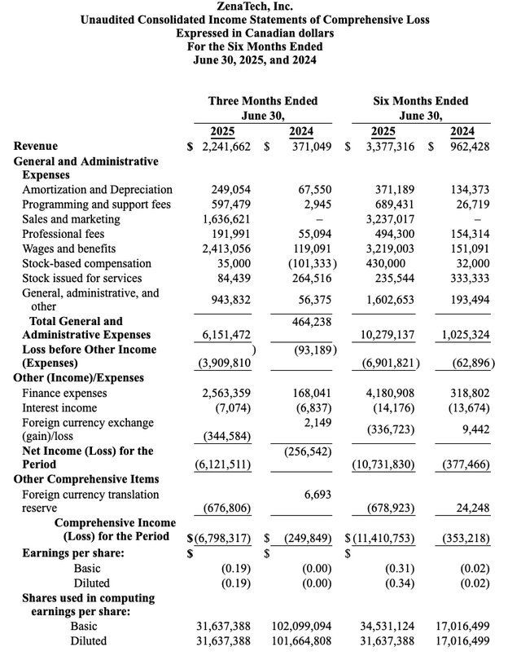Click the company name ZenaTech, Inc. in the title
click(260, 7)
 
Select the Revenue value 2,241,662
click(222, 146)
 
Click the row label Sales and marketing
click(71, 219)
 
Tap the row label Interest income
click(59, 408)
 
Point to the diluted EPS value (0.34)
click(400, 583)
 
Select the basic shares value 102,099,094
click(301, 627)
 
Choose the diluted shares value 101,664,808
click(301, 641)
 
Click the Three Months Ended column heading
click(262, 101)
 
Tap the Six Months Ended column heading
click(420, 101)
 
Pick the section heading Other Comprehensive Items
click(86, 479)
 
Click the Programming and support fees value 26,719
click(471, 205)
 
